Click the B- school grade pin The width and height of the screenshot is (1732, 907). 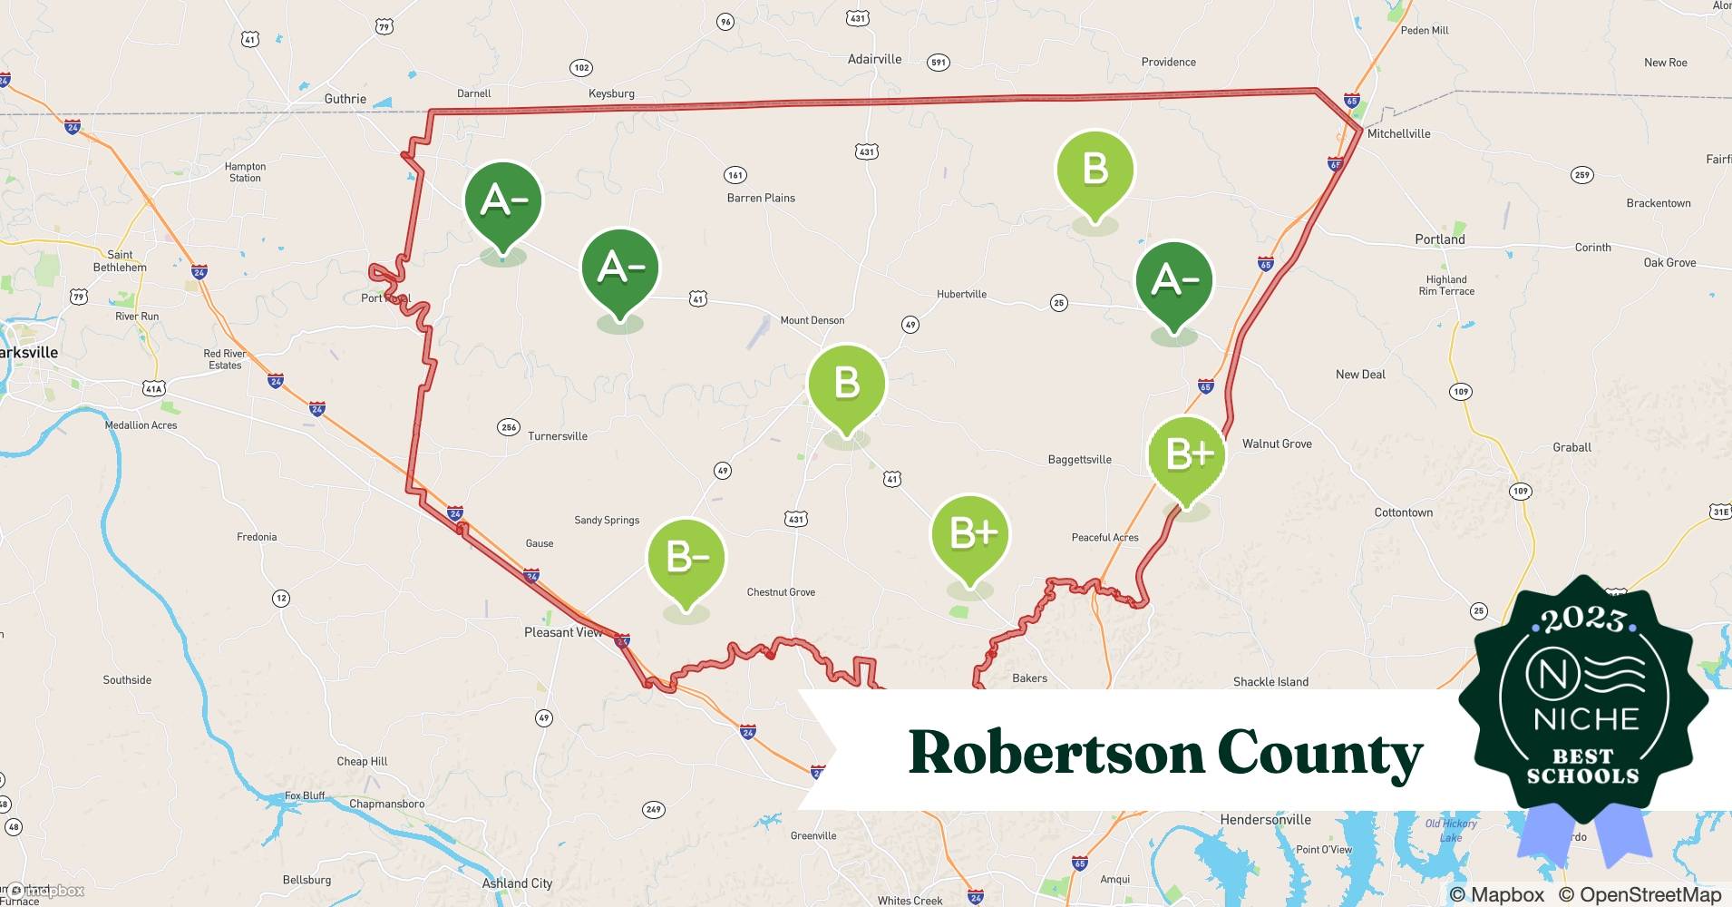click(x=686, y=559)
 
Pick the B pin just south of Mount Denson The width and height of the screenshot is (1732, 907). click(x=846, y=384)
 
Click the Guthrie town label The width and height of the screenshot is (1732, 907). click(x=345, y=99)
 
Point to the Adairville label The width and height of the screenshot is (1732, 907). click(x=874, y=59)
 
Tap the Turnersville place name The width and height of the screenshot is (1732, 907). click(x=558, y=436)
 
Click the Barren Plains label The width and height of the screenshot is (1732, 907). click(x=761, y=198)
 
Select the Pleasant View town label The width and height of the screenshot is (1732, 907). click(x=563, y=632)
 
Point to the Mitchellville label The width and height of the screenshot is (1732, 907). click(x=1398, y=133)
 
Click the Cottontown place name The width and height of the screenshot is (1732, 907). click(x=1403, y=512)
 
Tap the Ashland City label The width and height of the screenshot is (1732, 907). click(x=517, y=883)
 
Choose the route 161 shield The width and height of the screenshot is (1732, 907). click(x=735, y=175)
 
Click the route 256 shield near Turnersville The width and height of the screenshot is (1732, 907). click(x=509, y=427)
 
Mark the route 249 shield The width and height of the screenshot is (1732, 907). click(x=654, y=809)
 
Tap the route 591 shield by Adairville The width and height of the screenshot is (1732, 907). click(x=939, y=63)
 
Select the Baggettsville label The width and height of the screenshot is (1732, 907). click(x=1079, y=460)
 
